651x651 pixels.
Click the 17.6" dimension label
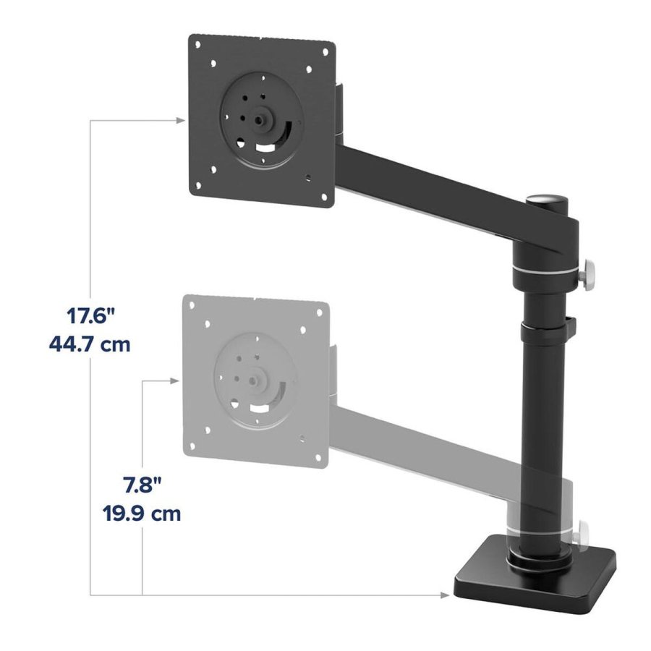point(90,316)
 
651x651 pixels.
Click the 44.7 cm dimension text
point(90,344)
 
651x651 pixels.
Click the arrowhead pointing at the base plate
point(443,595)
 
